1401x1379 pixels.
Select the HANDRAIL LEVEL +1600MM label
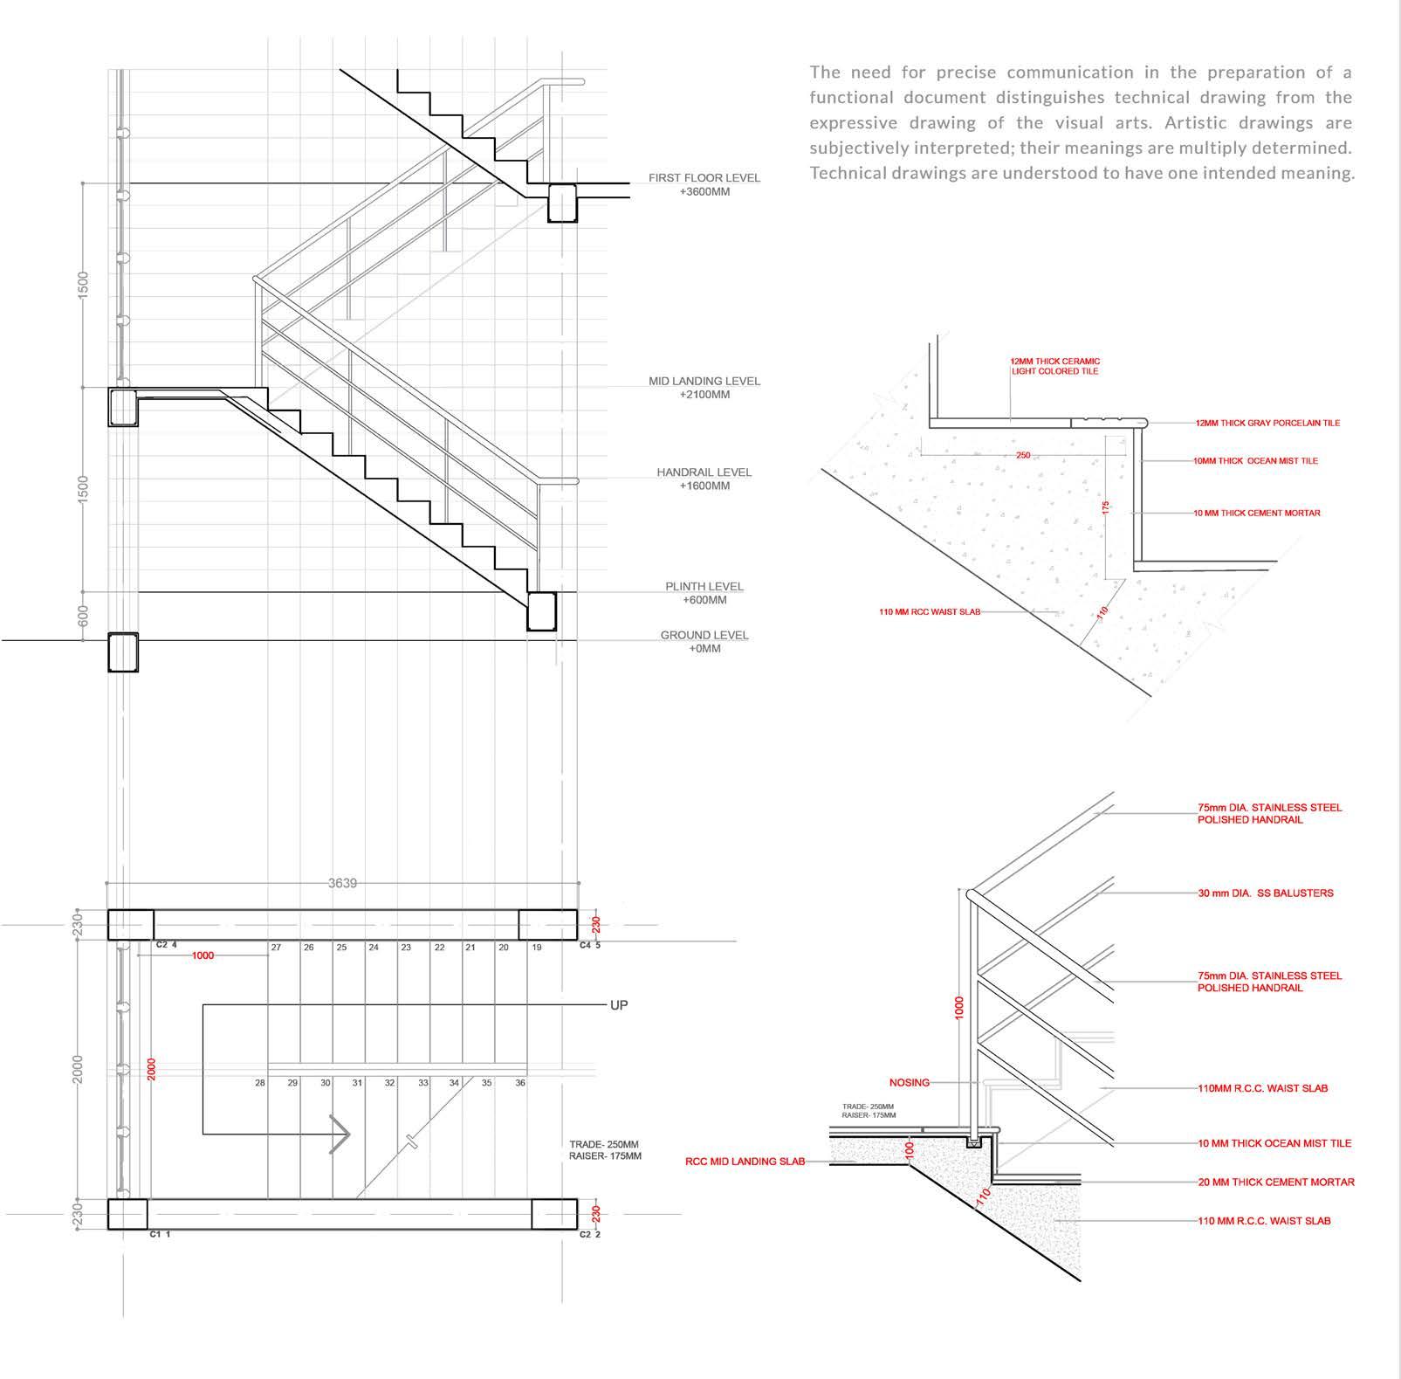pos(704,479)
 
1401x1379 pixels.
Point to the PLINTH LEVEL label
pos(704,593)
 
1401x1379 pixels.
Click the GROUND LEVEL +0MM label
pos(704,642)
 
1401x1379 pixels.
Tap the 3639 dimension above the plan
pos(342,884)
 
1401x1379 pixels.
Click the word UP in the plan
pos(618,1005)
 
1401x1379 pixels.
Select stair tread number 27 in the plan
pos(276,948)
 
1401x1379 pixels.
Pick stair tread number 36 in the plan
pos(520,1083)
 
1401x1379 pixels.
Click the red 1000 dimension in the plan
pos(203,955)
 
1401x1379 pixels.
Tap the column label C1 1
pos(160,1234)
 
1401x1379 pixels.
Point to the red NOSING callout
pos(909,1083)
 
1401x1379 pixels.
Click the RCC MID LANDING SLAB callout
pos(745,1162)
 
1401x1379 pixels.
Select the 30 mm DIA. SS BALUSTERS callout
pos(1265,893)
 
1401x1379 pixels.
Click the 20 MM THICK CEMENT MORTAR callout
pos(1275,1182)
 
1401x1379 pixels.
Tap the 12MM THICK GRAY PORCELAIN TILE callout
pos(1267,424)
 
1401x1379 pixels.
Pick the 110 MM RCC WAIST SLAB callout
pos(929,612)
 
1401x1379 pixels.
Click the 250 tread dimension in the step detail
pos(1023,456)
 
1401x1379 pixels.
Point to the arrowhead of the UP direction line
pos(341,1134)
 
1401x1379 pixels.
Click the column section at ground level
pos(123,652)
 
